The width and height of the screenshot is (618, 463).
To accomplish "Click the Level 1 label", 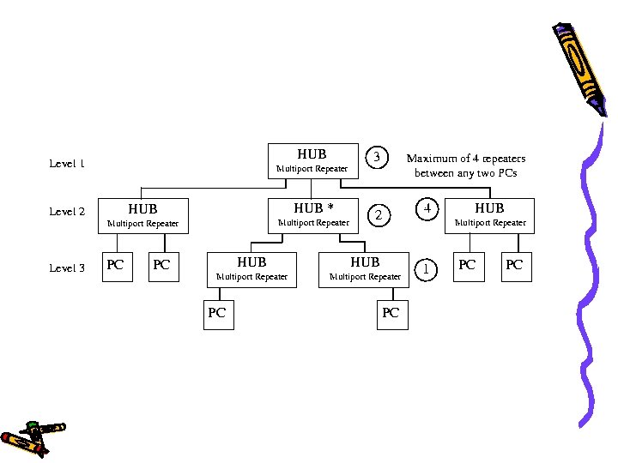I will pos(67,163).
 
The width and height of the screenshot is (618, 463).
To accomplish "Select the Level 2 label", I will pos(67,212).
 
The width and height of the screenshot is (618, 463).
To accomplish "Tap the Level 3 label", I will pos(67,268).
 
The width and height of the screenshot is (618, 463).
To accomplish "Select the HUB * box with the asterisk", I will pos(313,214).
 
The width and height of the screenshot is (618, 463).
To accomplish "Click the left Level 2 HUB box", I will pos(142,214).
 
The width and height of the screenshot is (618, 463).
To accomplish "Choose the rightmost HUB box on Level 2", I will pos(489,214).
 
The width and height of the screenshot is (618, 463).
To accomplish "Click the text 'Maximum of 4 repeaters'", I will pos(466,159).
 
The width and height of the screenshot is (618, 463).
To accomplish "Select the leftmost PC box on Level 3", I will pos(115,266).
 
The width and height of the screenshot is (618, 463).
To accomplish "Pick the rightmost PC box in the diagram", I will pos(513,266).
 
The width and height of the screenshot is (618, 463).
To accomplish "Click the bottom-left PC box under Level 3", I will pos(216,314).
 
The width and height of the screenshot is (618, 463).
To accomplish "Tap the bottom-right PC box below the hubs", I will pos(391,314).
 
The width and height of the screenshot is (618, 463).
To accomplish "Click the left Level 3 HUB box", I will pos(251,268).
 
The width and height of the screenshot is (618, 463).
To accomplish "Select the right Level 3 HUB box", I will pos(365,268).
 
